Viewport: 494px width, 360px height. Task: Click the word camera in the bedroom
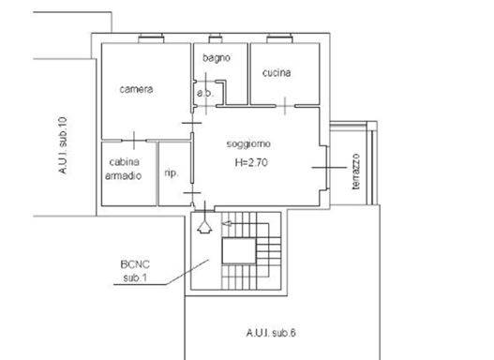(x=136, y=89)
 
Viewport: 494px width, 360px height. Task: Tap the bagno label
(x=217, y=58)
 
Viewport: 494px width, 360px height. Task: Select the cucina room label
(x=277, y=73)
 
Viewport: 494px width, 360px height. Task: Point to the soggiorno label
(x=248, y=144)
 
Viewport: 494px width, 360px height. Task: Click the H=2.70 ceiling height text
(x=251, y=162)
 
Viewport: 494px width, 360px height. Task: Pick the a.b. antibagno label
(x=205, y=93)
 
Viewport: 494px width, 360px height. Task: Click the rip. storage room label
(x=172, y=172)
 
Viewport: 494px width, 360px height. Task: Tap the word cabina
(x=124, y=162)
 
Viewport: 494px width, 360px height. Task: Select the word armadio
(x=123, y=175)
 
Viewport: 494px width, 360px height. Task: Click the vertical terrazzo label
(x=355, y=172)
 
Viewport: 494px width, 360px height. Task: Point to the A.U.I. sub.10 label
(x=63, y=145)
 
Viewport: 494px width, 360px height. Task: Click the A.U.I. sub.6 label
(x=271, y=333)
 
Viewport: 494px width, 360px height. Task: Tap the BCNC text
(x=135, y=264)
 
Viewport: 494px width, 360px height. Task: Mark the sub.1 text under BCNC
(x=135, y=277)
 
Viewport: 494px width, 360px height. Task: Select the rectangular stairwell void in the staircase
(x=239, y=250)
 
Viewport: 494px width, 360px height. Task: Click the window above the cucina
(x=279, y=38)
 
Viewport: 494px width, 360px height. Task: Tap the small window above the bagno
(x=216, y=38)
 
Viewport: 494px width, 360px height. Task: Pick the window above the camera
(x=151, y=38)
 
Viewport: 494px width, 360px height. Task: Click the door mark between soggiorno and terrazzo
(x=328, y=168)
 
